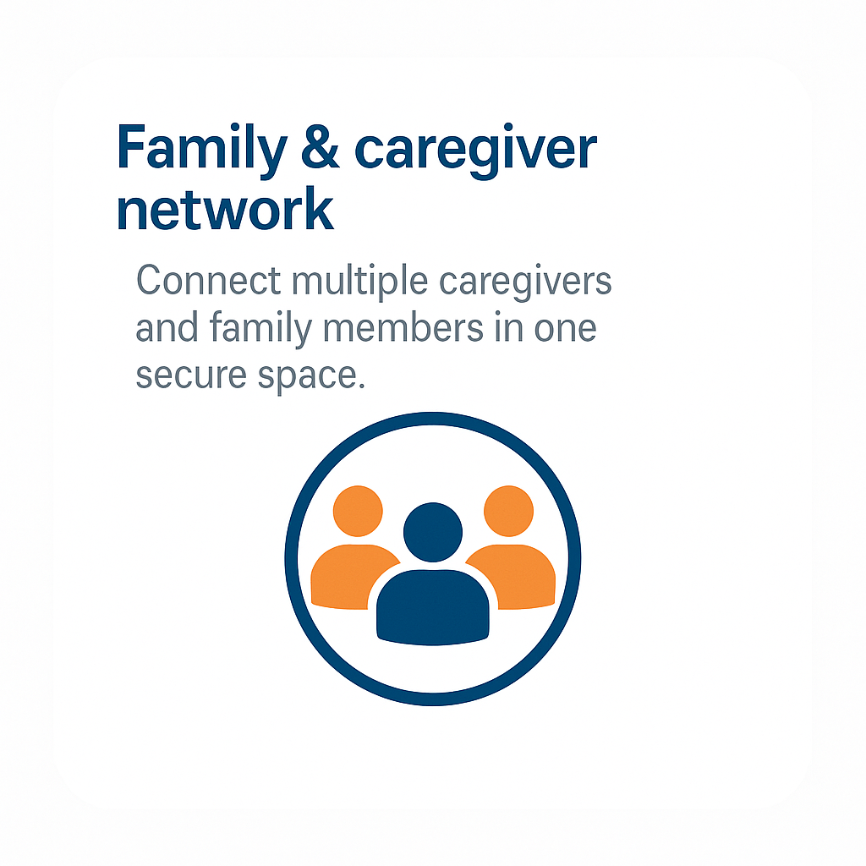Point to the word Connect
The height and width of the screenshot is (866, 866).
pyautogui.click(x=207, y=281)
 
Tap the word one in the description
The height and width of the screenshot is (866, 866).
pyautogui.click(x=565, y=330)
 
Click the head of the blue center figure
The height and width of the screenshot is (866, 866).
pyautogui.click(x=433, y=532)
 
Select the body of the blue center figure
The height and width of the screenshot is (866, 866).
pyautogui.click(x=433, y=607)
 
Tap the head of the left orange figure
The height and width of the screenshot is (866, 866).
pyautogui.click(x=358, y=511)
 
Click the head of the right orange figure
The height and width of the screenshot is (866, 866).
pyautogui.click(x=508, y=511)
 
